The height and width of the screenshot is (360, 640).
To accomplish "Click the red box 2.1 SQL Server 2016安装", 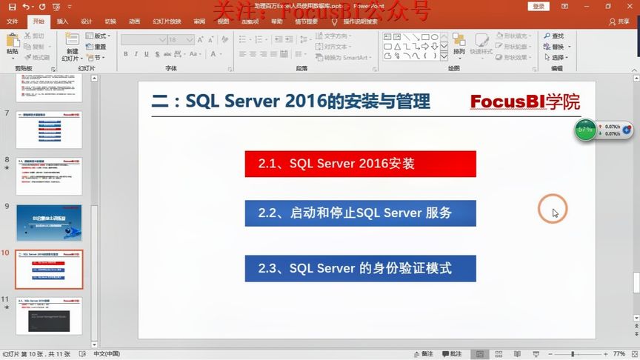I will (x=360, y=164).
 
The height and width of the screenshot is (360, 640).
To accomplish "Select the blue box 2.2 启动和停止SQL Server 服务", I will (x=360, y=213).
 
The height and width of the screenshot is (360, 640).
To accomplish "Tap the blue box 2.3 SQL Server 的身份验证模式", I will (x=360, y=268).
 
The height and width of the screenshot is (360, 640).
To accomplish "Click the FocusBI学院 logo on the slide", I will (x=525, y=102).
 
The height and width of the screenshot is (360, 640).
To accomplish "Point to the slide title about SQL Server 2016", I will (x=291, y=101).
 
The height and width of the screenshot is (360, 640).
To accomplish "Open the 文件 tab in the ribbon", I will (x=13, y=21).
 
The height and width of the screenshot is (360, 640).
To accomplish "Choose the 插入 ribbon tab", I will (x=62, y=21).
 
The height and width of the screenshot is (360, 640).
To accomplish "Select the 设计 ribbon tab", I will (x=86, y=21).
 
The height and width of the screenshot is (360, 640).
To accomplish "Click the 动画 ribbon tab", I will (x=134, y=21).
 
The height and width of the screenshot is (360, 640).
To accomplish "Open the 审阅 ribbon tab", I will (x=199, y=21).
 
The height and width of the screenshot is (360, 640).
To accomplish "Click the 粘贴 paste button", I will (x=13, y=45).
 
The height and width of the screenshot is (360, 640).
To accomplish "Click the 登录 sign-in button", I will (x=539, y=6).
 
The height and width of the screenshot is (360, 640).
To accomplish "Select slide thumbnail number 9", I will (x=49, y=221).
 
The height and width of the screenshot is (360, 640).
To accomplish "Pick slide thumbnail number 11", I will (x=49, y=316).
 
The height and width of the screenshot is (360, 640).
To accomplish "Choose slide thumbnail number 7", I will (x=49, y=130).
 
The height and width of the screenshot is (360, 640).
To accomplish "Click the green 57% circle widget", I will (x=586, y=130).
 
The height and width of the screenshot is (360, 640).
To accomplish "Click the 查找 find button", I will (x=553, y=36).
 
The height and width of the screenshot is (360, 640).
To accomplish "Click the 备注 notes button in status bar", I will (x=451, y=354).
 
